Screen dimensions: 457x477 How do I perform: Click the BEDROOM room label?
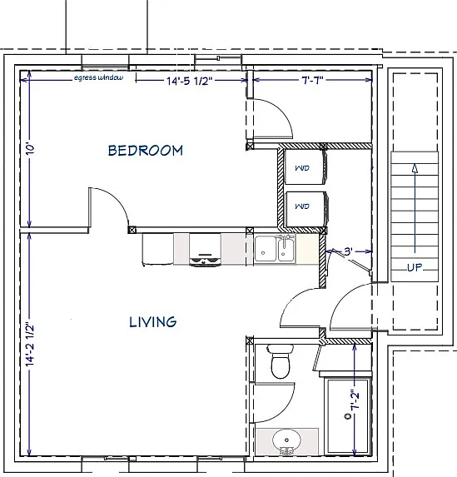pyautogui.click(x=146, y=151)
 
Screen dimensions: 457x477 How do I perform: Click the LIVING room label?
pyautogui.click(x=152, y=322)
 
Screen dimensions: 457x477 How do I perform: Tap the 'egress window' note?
pyautogui.click(x=99, y=78)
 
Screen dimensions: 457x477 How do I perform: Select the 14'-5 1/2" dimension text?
pyautogui.click(x=189, y=81)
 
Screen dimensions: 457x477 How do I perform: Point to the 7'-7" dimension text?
pyautogui.click(x=312, y=80)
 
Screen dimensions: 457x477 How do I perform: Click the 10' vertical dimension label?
pyautogui.click(x=31, y=149)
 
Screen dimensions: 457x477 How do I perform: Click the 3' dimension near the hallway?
pyautogui.click(x=349, y=252)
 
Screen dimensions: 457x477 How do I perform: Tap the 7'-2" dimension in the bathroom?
pyautogui.click(x=355, y=400)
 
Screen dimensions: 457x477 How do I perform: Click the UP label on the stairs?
pyautogui.click(x=415, y=268)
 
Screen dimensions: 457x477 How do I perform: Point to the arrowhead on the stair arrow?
pyautogui.click(x=415, y=168)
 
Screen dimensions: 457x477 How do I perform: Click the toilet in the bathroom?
pyautogui.click(x=281, y=360)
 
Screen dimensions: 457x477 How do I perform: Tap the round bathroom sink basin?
pyautogui.click(x=286, y=440)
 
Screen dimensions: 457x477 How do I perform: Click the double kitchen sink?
pyautogui.click(x=275, y=249)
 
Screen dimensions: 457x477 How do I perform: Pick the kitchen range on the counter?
pyautogui.click(x=205, y=250)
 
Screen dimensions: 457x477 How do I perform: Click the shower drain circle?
pyautogui.click(x=347, y=416)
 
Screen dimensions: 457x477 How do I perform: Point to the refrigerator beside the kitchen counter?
pyautogui.click(x=158, y=249)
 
